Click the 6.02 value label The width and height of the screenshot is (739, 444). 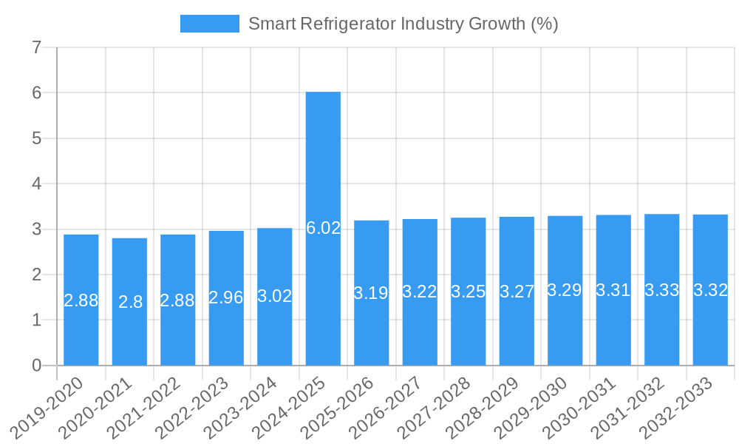click(323, 228)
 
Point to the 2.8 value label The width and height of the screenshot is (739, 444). click(130, 302)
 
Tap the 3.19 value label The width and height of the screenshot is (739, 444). click(371, 293)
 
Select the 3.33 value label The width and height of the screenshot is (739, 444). click(662, 291)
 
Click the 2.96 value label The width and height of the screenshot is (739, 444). click(226, 297)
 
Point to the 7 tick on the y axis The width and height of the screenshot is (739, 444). click(37, 48)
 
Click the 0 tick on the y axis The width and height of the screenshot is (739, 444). click(37, 366)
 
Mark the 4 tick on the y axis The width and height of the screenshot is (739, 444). click(37, 184)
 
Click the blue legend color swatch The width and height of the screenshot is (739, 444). click(210, 24)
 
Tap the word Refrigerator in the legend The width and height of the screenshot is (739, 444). click(346, 24)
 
